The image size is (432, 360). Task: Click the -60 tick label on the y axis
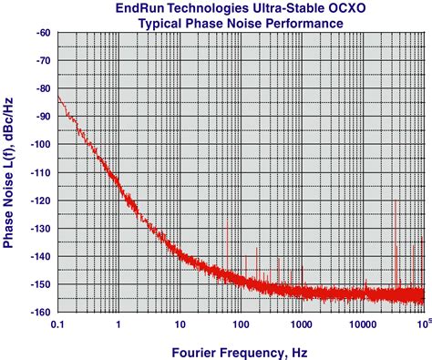coord(43,34)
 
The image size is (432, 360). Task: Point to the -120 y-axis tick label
coord(41,201)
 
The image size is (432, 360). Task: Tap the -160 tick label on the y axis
coord(41,312)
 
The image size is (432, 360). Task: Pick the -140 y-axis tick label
coord(41,256)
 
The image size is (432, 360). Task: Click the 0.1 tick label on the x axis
coord(57,324)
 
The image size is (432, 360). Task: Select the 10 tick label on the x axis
coord(180,324)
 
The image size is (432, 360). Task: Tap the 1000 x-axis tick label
coord(302,324)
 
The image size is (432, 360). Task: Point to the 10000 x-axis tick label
coord(362,324)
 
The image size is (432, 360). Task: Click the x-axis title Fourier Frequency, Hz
coord(242,350)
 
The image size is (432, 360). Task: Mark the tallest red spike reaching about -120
coord(395,202)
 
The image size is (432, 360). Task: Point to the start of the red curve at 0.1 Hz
coord(58,96)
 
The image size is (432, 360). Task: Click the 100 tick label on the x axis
coord(241,324)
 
